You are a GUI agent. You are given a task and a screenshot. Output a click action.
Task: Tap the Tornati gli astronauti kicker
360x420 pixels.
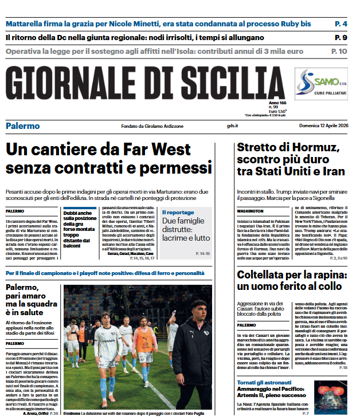pos(267,383)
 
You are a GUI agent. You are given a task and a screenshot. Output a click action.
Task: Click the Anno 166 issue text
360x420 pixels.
pos(269,102)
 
